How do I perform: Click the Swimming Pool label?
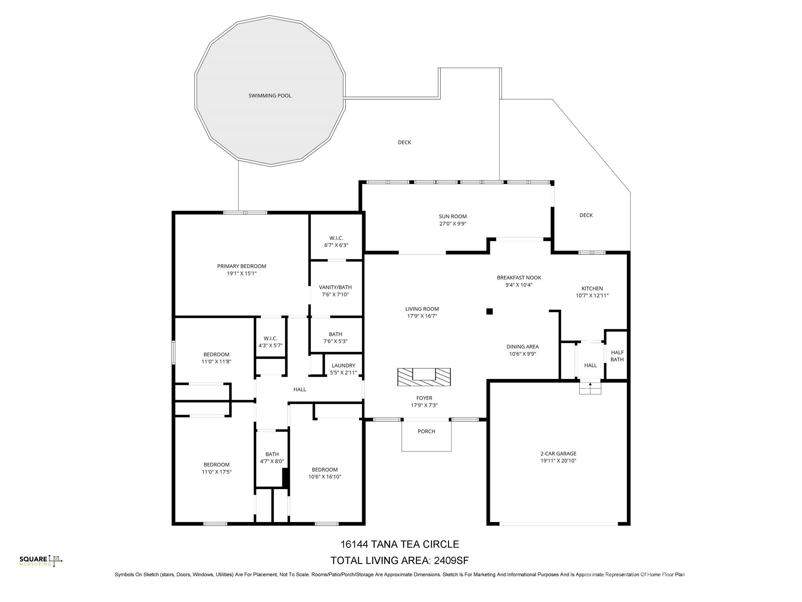coord(270,96)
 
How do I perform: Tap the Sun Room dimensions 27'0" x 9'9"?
coord(453,224)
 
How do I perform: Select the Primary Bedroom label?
coord(242,267)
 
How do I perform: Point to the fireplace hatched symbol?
coord(424,377)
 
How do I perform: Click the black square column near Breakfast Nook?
coord(489,312)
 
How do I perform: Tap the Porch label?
coord(426,432)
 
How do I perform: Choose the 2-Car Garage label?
coord(558,454)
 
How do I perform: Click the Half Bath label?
coord(617,356)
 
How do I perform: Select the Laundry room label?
coord(343,366)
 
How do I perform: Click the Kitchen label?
coord(592,288)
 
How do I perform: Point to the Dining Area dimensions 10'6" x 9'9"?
coord(522,354)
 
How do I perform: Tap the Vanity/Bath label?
coord(335,287)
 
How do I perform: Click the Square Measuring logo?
coord(41,561)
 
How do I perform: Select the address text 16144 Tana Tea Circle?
coord(399,544)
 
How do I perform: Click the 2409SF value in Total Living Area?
coord(451,560)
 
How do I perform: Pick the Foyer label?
coord(424,398)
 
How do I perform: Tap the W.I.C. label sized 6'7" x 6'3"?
coord(336,238)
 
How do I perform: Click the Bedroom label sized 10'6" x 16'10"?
coord(325,470)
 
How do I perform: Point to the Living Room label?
coord(422,309)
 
